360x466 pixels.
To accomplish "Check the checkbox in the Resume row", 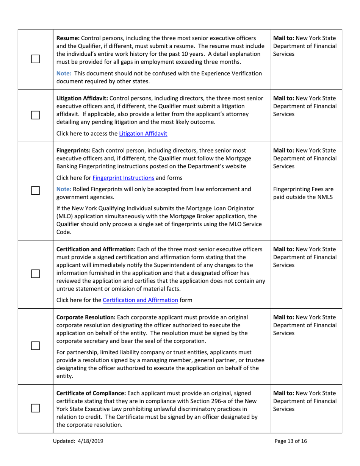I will pos(35,59).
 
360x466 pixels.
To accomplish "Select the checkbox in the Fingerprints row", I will pos(35,191).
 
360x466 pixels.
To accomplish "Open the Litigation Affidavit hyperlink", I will pos(143,133).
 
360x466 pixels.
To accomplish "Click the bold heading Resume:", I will pos(68,38).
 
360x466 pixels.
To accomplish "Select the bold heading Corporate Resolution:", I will pos(86,317).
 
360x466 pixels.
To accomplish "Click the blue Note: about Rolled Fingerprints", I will pos(63,189).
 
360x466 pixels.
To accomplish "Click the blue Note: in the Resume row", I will pos(63,73).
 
